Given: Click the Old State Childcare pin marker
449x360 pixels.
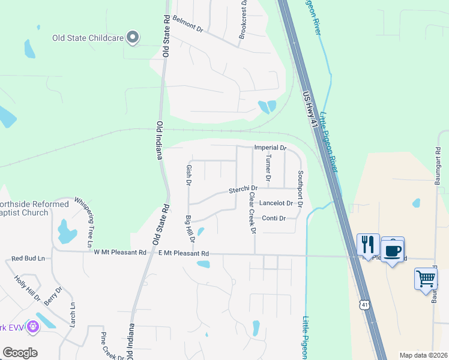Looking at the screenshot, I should click(134, 37).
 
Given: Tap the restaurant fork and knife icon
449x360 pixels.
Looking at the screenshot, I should click(368, 244).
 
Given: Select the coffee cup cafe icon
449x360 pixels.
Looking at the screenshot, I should click(393, 250).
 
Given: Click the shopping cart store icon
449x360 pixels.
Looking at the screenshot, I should click(426, 279).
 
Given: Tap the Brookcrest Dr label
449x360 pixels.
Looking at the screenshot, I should click(243, 20).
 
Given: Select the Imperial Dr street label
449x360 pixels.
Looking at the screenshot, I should click(270, 147).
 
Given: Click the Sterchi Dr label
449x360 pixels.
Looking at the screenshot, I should click(243, 190).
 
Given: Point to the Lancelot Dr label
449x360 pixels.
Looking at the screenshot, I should click(276, 203).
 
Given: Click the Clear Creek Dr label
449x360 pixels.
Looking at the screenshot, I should click(253, 213).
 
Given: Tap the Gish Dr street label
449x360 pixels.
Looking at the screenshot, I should click(188, 174).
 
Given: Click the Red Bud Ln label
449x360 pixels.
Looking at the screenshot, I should click(29, 259).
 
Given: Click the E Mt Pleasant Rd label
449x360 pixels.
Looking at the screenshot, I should click(181, 253).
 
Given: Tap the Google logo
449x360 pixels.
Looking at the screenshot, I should click(20, 353).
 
